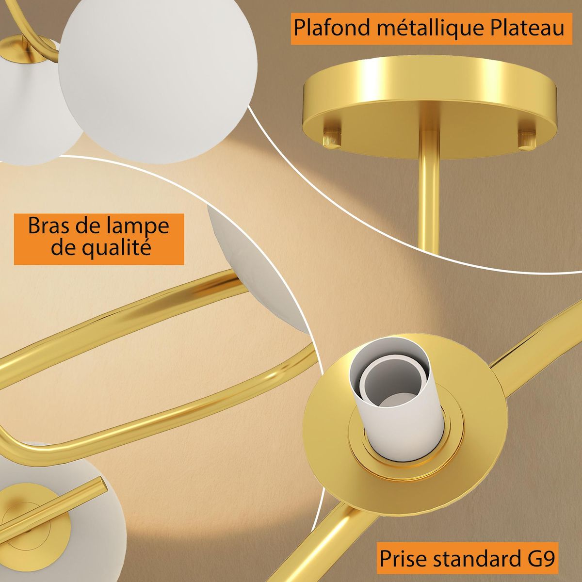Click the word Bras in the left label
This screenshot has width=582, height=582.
(48, 226)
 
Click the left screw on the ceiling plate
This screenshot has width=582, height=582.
(332, 138)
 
